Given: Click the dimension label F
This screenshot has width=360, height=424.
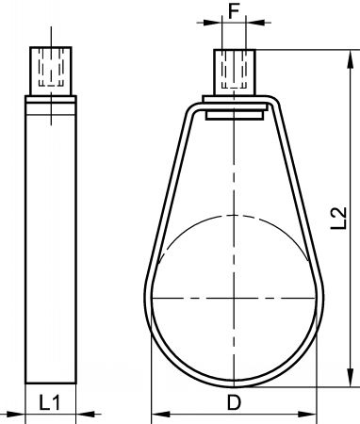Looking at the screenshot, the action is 234,11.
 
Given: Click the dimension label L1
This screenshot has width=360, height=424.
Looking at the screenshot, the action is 50,402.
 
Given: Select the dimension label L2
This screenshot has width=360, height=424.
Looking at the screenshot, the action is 339,218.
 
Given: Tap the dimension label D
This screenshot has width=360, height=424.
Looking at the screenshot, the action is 234,402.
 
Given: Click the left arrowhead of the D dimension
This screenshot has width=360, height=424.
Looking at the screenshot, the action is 160,414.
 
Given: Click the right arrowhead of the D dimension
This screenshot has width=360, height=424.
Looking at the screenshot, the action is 307,414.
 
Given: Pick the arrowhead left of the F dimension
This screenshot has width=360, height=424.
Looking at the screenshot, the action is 213,23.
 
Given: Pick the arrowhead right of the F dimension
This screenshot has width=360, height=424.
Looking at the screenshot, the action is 255,23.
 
